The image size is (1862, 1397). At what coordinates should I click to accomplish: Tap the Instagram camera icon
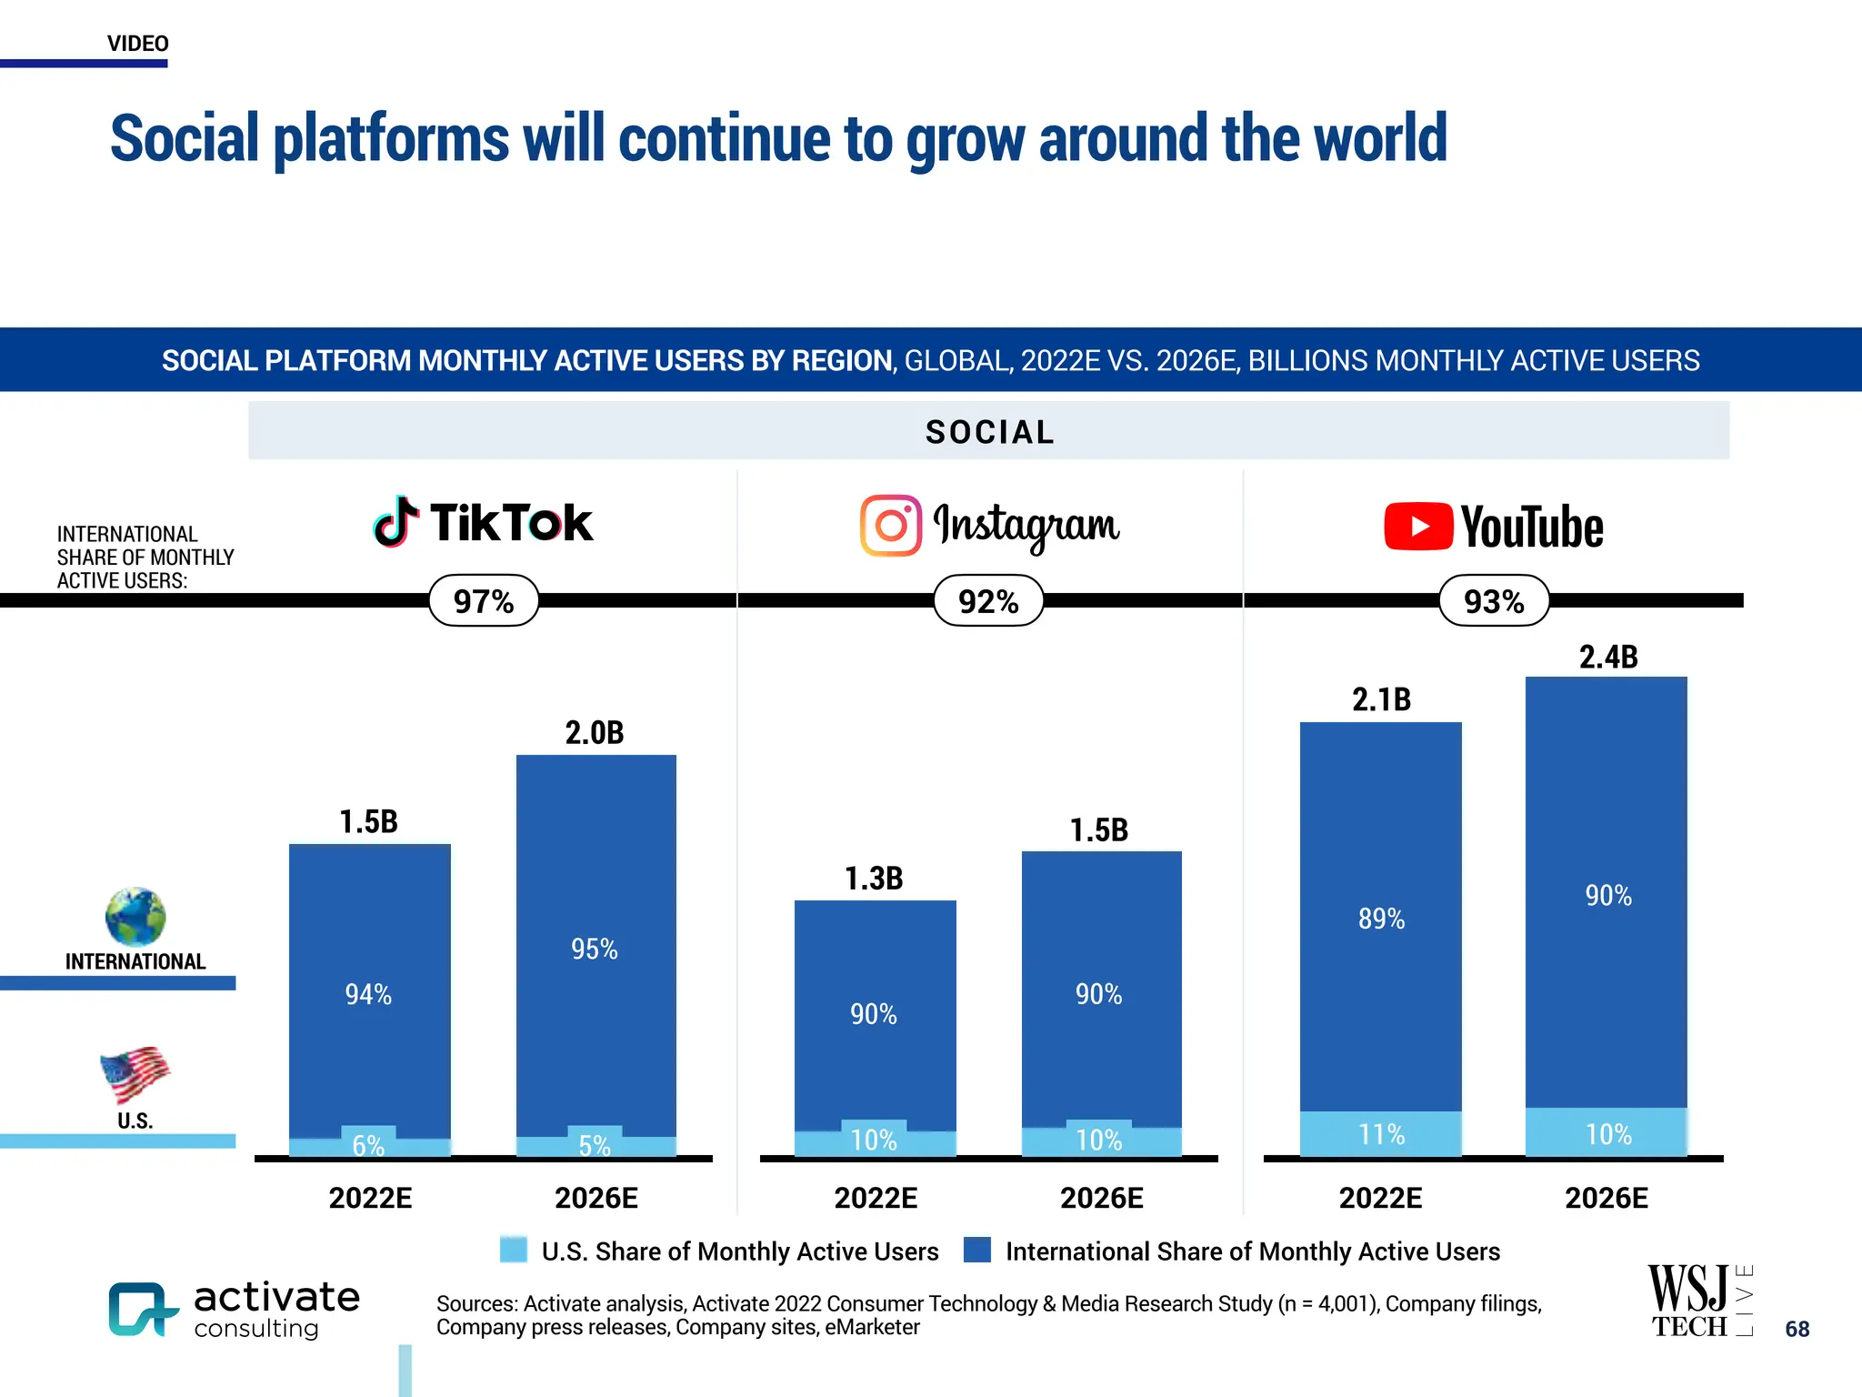point(891,525)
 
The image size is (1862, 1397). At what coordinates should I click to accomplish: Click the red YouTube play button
point(1417,527)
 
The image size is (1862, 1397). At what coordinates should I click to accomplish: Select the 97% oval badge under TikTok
point(484,601)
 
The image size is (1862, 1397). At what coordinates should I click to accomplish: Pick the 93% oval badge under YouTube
point(1494,601)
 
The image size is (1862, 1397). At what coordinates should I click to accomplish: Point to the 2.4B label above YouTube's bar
point(1607,657)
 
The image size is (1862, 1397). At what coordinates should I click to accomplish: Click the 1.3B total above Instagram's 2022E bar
point(874,879)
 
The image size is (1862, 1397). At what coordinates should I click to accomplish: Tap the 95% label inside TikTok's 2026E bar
point(594,950)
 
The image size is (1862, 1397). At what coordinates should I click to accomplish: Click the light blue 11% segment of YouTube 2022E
point(1381,1134)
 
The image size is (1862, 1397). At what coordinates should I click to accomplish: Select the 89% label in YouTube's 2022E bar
point(1381,919)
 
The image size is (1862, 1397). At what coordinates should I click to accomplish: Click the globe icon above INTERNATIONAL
point(135,917)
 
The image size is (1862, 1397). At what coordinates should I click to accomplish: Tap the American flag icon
point(135,1074)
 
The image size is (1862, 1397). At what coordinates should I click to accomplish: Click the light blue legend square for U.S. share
point(514,1250)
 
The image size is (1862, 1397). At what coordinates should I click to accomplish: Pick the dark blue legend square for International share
point(977,1250)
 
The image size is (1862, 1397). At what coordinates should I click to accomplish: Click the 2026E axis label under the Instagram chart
point(1101,1198)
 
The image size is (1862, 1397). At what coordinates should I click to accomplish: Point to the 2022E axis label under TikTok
point(370,1198)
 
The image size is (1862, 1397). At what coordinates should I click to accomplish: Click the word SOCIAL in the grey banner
point(989,432)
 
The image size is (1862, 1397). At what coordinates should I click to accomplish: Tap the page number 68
point(1797,1329)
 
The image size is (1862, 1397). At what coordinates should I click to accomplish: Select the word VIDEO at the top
point(137,44)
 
